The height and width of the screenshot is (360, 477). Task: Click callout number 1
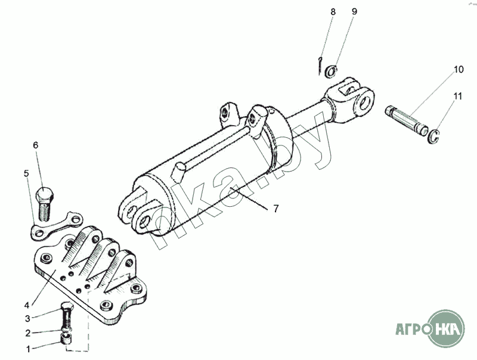pos(28,349)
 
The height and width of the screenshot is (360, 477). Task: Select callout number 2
pos(27,333)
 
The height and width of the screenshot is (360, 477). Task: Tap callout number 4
pos(27,305)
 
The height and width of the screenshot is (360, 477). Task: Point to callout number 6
pos(36,145)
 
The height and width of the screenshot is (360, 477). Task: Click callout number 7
pos(275,209)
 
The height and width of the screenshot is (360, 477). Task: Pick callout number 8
pos(333,12)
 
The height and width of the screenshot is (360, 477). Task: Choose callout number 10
pos(459,69)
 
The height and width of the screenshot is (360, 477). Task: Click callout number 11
pos(457,96)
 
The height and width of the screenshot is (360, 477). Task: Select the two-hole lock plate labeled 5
pos(56,226)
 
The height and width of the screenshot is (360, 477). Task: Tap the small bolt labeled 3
pos(67,315)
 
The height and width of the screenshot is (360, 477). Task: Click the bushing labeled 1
pos(67,339)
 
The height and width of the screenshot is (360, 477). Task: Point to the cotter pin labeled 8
pos(320,66)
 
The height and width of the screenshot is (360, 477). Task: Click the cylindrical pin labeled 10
pos(407,120)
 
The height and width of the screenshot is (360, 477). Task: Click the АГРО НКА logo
pos(430,328)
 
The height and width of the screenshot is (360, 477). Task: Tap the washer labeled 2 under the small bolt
pos(67,330)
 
